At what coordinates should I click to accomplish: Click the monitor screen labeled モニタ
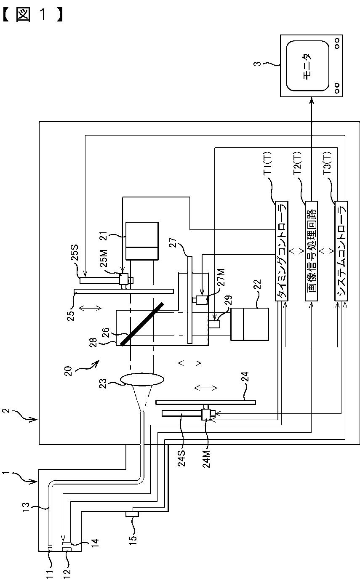[307, 66]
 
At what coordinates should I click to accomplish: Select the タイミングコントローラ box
[281, 251]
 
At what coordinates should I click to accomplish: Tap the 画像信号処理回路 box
[311, 251]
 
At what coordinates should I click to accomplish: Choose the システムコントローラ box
[341, 251]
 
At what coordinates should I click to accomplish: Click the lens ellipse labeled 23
[142, 380]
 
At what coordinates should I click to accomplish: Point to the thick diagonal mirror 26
[142, 324]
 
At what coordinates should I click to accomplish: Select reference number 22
[257, 285]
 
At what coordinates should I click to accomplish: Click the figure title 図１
[32, 15]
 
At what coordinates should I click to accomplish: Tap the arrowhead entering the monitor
[311, 100]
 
